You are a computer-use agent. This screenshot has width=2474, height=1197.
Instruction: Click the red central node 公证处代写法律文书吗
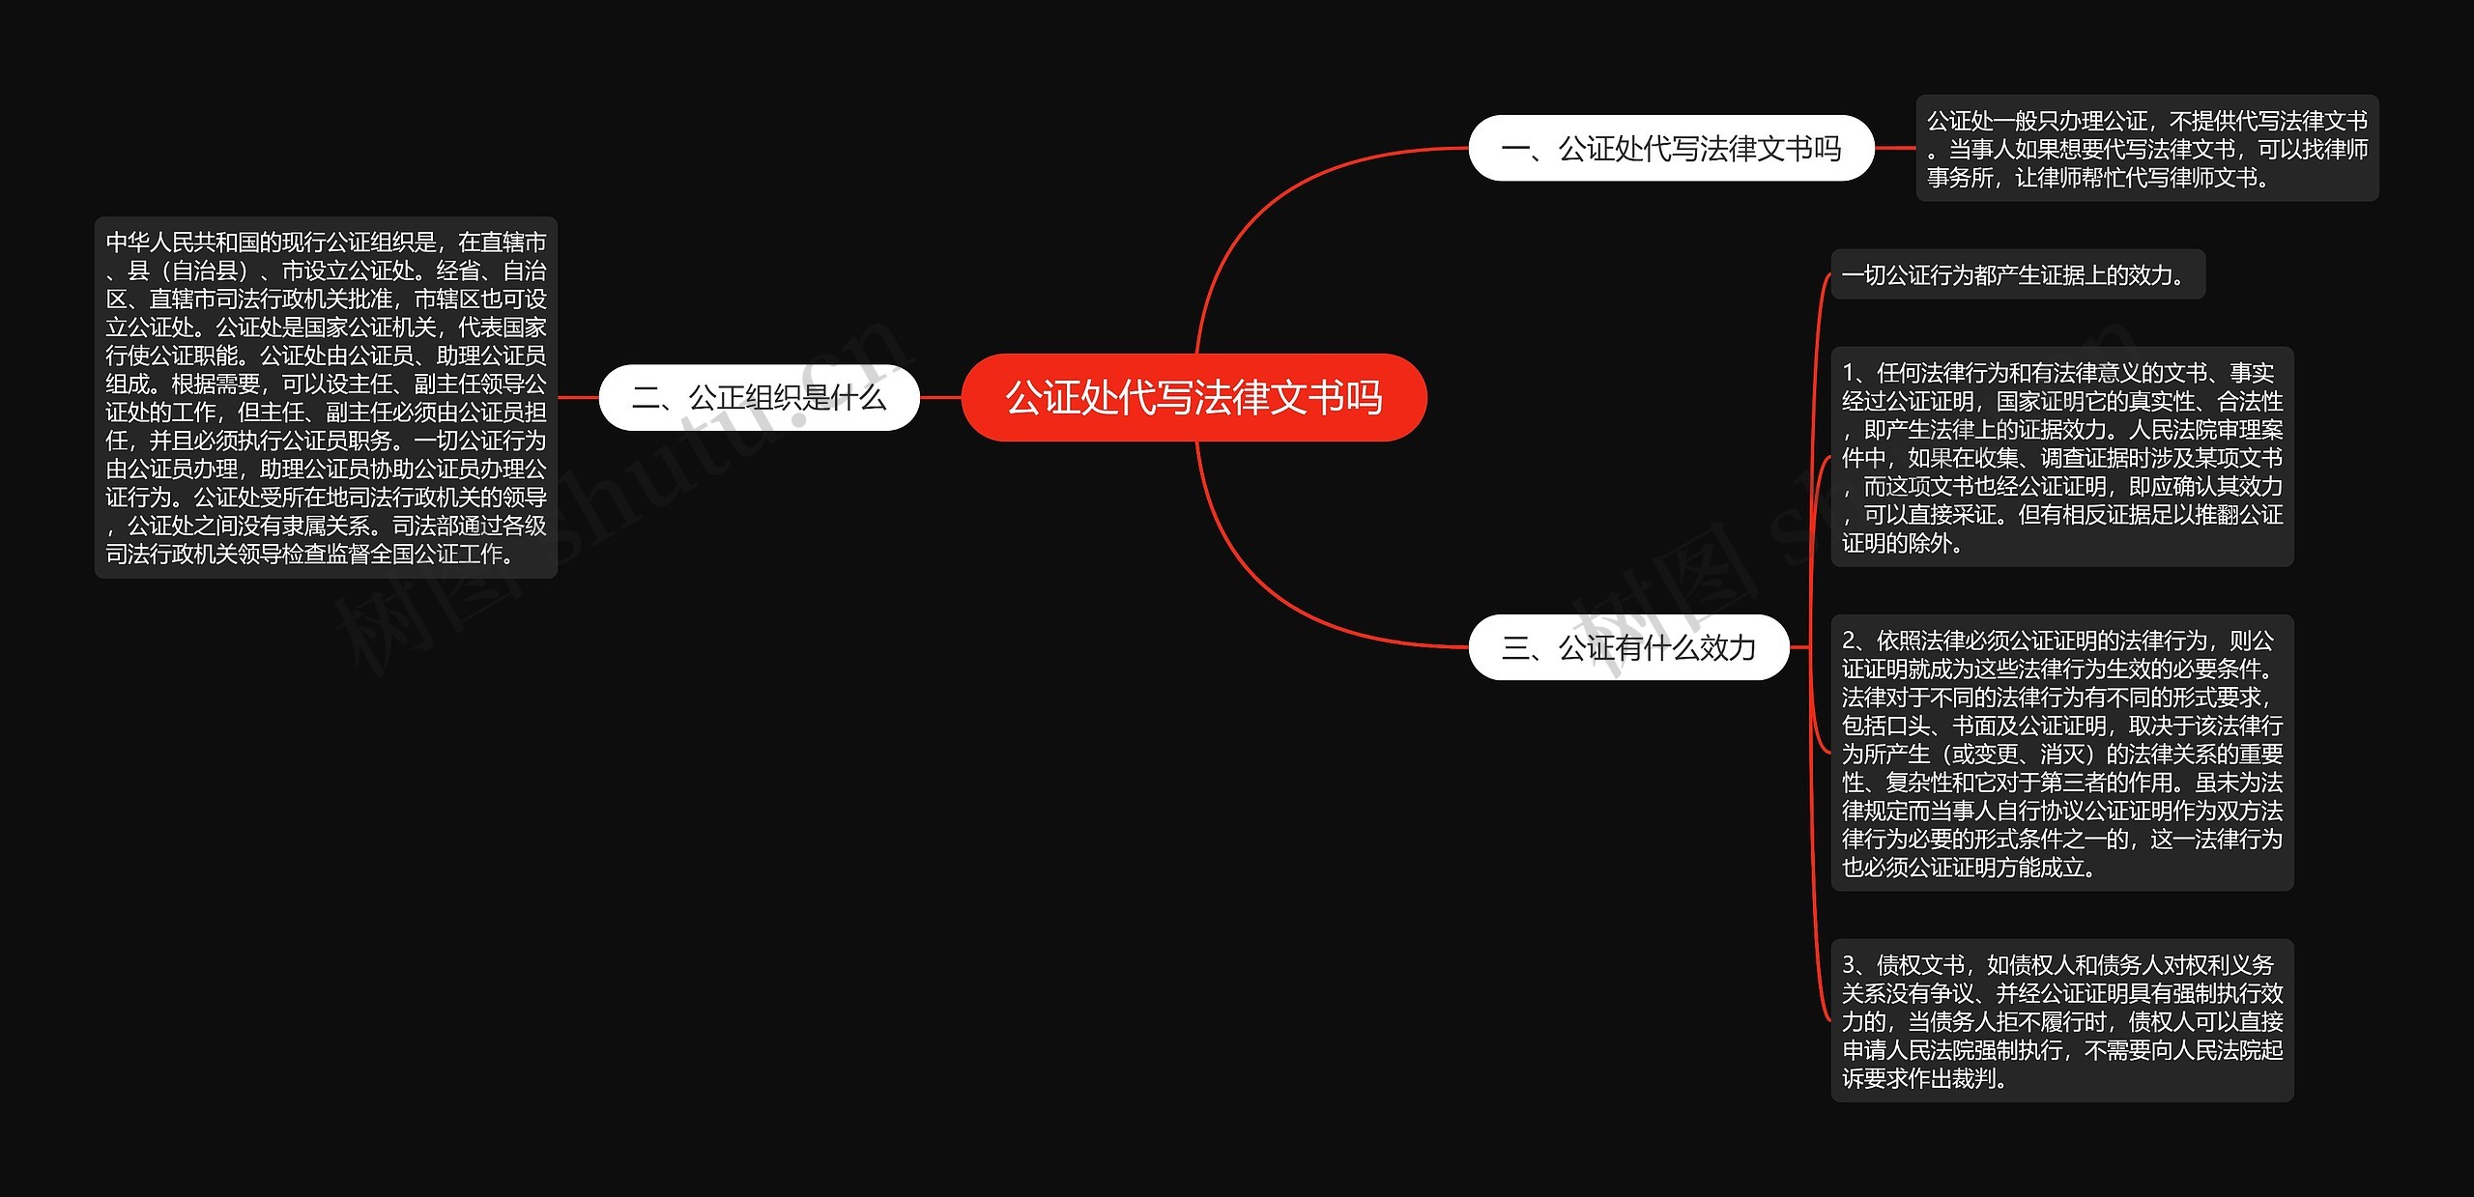coord(1194,397)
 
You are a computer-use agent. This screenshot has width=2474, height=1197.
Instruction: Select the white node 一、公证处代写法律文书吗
coord(1671,148)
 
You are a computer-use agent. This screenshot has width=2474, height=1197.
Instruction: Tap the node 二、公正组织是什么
coord(759,397)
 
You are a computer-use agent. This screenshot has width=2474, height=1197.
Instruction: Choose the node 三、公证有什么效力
coord(1628,647)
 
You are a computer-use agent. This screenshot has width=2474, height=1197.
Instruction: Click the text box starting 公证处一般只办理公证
coord(2146,148)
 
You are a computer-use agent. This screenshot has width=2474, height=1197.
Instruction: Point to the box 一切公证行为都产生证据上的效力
coord(2017,275)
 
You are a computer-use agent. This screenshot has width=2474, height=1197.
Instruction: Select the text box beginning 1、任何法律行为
coord(2061,457)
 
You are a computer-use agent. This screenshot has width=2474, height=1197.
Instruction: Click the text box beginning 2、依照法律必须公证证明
coord(2061,753)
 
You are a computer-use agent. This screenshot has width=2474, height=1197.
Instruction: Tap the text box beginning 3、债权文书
coord(2061,1020)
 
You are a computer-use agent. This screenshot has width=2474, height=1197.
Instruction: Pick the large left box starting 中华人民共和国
coord(326,397)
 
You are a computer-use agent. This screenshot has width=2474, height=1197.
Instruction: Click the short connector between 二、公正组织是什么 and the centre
coord(940,397)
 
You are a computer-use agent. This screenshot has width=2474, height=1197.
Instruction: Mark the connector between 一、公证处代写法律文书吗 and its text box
coord(1895,148)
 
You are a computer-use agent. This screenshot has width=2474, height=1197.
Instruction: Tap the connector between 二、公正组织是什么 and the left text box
coord(578,397)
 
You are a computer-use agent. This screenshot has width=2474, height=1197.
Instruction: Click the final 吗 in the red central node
coord(1364,398)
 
